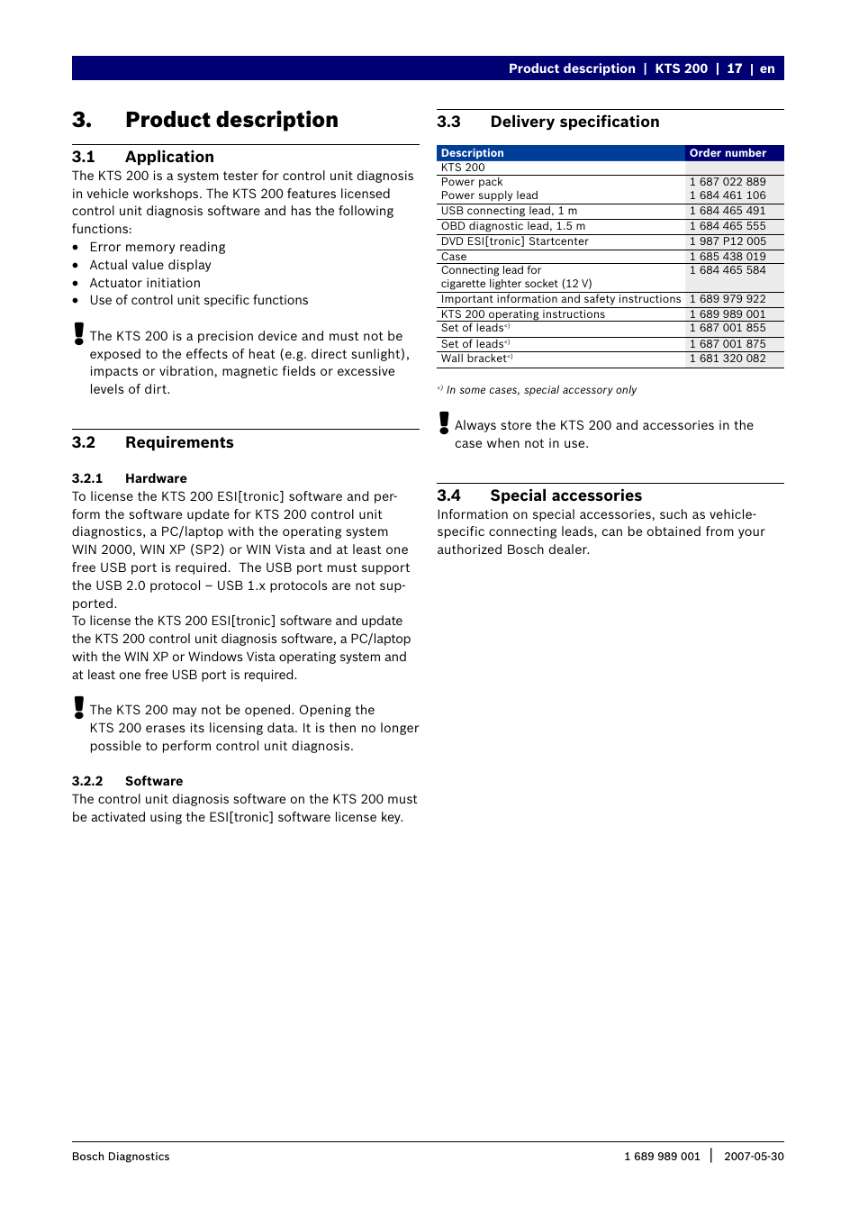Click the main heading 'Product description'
[231, 120]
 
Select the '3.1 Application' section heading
[143, 157]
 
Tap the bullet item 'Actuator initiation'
[145, 283]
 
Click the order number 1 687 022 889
[728, 182]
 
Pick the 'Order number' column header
[728, 153]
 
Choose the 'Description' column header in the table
[473, 153]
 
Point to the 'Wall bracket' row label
[475, 359]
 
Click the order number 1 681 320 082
[728, 359]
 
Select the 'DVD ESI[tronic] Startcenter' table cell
[515, 241]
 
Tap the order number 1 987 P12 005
[728, 241]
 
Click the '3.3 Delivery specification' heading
[548, 122]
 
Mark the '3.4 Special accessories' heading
[539, 495]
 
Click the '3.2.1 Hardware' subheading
[130, 478]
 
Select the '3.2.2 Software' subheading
[127, 781]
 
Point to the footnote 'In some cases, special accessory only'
[541, 390]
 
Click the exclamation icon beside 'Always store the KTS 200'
[444, 423]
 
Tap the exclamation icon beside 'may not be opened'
[79, 708]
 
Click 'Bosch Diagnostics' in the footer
[121, 1157]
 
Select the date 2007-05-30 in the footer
[754, 1157]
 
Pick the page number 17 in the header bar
[735, 68]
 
